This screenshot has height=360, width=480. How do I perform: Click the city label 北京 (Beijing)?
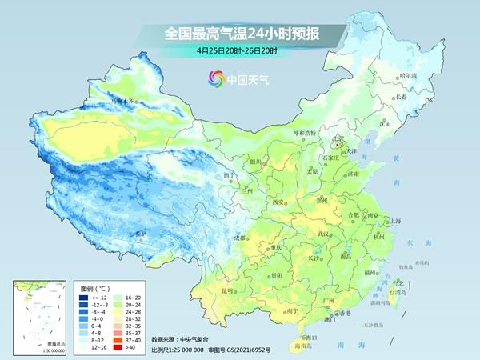[338, 139]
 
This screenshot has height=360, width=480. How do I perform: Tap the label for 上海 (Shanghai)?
[394, 221]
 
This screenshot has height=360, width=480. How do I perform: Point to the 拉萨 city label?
[141, 234]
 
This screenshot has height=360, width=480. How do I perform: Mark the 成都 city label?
[240, 238]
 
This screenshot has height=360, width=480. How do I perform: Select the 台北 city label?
[398, 283]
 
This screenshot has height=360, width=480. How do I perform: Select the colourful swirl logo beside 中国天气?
[215, 78]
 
